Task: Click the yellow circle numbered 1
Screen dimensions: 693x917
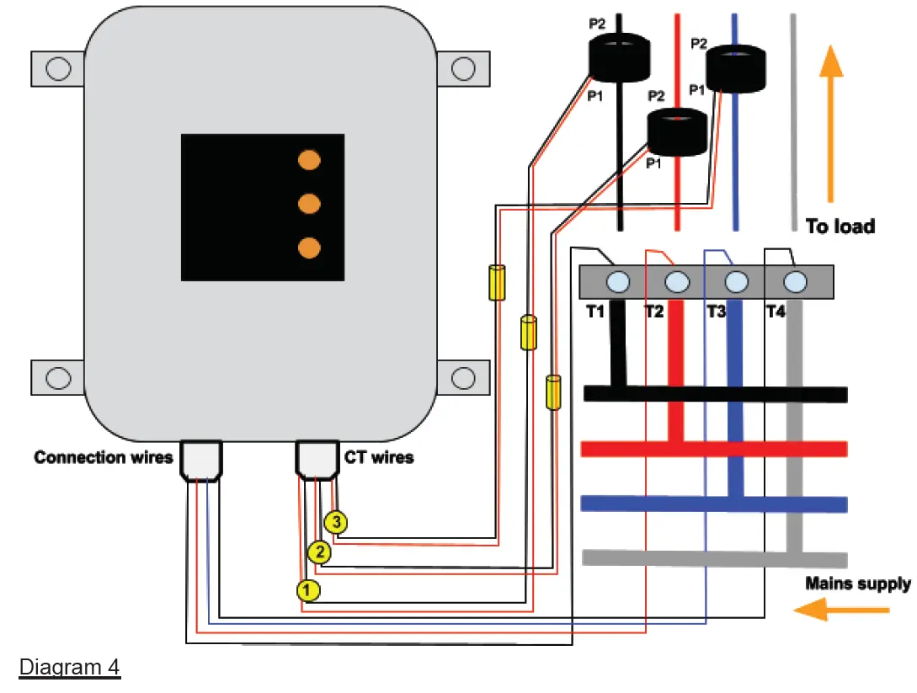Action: click(308, 590)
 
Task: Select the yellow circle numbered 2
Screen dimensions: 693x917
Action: click(318, 552)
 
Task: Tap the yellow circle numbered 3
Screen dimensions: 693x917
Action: click(336, 523)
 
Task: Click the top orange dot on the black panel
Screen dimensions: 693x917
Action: click(310, 160)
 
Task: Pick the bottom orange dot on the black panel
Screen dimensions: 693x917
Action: click(310, 248)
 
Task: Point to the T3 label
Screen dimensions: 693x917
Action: click(716, 312)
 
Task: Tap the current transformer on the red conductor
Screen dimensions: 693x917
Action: click(676, 131)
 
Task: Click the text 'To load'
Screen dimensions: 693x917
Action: click(840, 227)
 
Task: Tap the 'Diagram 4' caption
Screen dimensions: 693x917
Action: click(70, 668)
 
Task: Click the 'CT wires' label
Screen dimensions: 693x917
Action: click(379, 457)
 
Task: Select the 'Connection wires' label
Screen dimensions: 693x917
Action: click(103, 457)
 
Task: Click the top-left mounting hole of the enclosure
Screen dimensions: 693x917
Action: click(57, 67)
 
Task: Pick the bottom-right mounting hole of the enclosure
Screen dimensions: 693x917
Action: click(464, 377)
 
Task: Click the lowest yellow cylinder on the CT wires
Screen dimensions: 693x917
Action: click(553, 392)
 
